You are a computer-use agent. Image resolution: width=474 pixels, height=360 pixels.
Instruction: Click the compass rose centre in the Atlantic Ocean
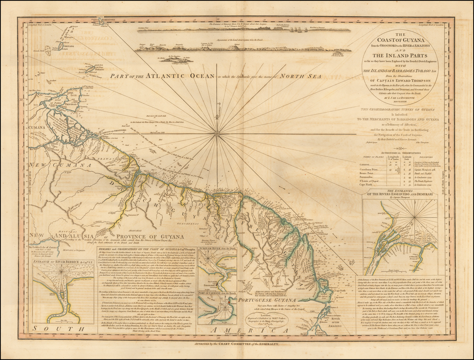(x=216, y=133)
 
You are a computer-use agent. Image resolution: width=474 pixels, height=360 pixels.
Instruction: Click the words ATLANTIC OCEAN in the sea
(x=173, y=76)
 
